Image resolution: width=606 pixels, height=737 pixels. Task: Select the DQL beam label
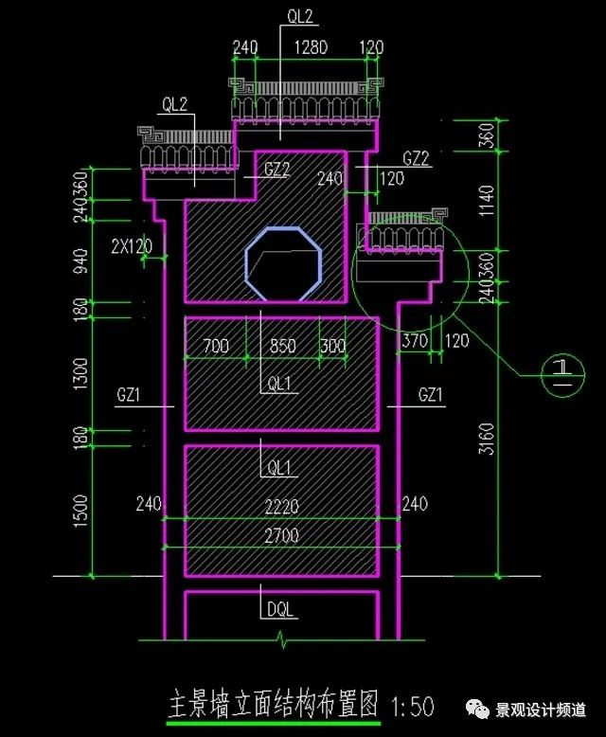(280, 610)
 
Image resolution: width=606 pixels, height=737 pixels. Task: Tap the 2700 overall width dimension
(281, 535)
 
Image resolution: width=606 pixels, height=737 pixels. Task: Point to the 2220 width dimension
(281, 506)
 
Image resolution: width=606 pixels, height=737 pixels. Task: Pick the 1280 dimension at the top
(311, 47)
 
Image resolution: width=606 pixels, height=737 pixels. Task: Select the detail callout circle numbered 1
(562, 374)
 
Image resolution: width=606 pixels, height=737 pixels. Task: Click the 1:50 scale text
(412, 707)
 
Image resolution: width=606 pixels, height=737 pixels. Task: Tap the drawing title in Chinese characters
(273, 704)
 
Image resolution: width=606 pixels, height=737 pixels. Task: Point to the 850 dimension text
(283, 346)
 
